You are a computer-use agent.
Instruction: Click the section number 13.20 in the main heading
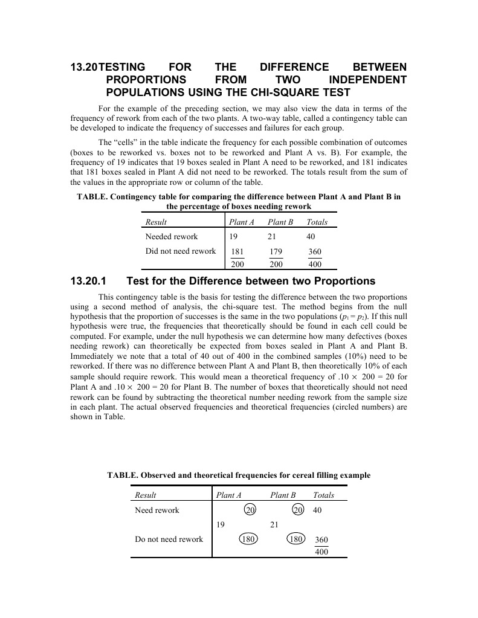[x=83, y=67]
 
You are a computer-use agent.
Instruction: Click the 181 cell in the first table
[x=238, y=252]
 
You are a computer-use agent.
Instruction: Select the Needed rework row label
[x=172, y=236]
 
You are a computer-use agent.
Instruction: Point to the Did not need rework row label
[x=181, y=251]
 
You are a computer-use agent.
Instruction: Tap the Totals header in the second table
[x=323, y=495]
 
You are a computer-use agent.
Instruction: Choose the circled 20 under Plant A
[x=250, y=510]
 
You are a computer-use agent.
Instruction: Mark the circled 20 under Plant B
[x=297, y=510]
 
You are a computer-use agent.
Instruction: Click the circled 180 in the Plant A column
[x=248, y=539]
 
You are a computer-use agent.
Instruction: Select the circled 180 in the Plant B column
[x=296, y=539]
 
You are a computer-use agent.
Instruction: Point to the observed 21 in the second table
[x=274, y=524]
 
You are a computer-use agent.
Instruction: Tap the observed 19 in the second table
[x=221, y=524]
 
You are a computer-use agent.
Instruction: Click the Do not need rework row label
[x=169, y=539]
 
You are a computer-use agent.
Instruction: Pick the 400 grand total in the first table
[x=315, y=265]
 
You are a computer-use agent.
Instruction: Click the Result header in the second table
[x=145, y=495]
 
